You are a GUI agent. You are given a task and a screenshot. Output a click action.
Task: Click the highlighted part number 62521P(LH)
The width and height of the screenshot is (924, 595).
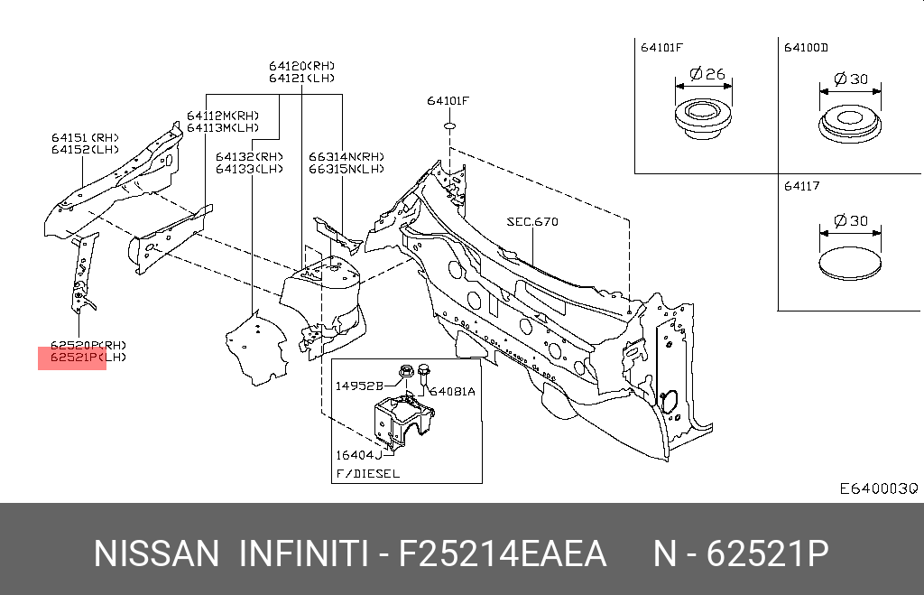coord(76,358)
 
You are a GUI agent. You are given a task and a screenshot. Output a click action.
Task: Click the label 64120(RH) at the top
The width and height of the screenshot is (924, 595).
coord(300,66)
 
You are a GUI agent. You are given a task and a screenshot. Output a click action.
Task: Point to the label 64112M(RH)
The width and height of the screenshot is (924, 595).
coord(223,115)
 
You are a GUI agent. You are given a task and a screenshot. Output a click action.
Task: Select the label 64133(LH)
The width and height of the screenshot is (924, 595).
coord(249,169)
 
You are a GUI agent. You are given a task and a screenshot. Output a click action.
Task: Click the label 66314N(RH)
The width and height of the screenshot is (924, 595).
coord(346,156)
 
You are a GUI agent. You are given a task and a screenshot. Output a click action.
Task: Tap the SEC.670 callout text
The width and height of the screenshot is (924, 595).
coord(531,220)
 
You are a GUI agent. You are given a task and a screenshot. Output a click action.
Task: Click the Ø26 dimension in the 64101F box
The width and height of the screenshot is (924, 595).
coord(707,74)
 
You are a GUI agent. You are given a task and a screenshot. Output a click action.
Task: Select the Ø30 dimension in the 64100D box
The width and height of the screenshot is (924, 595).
coord(851,79)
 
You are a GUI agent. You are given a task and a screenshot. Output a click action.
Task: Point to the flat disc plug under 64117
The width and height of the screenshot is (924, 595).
coord(849,263)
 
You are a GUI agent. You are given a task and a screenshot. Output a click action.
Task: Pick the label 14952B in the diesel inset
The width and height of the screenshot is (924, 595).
coord(360,385)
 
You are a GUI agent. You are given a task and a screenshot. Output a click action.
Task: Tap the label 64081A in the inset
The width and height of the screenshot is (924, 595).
coord(452,391)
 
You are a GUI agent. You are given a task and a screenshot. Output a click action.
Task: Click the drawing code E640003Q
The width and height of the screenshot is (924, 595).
coord(878,488)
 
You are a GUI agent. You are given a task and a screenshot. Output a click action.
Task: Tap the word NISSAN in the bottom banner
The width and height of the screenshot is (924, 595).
coord(156,553)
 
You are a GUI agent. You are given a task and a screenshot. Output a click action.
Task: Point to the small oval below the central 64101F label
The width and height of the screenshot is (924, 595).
coord(448,127)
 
